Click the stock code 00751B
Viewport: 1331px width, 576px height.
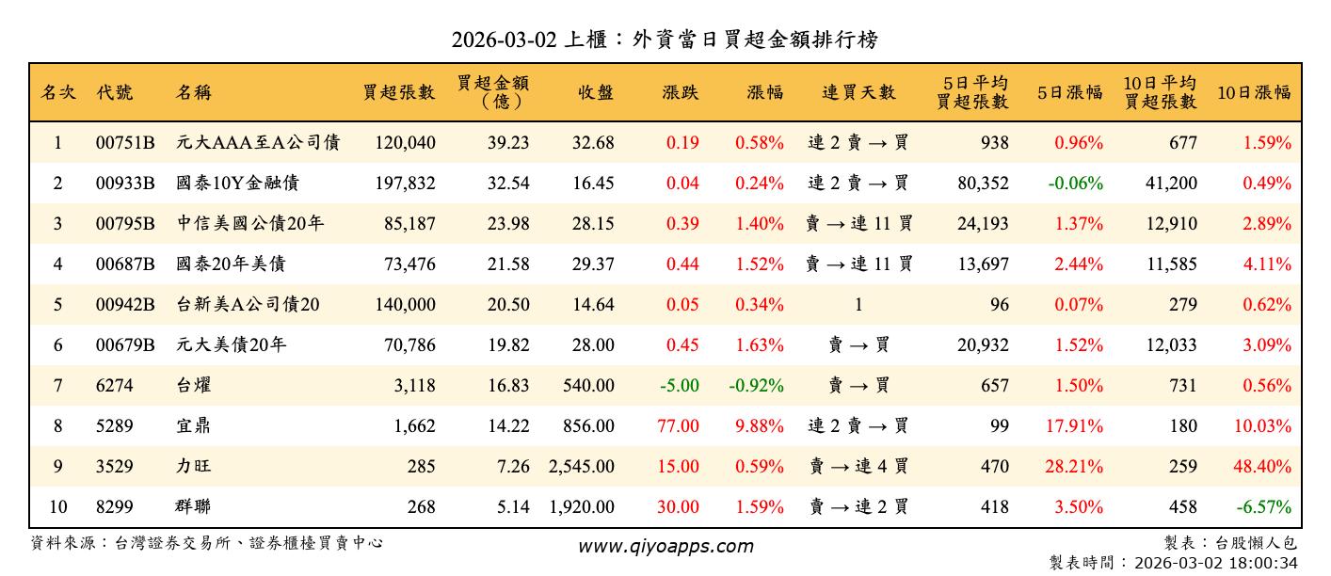pyautogui.click(x=124, y=143)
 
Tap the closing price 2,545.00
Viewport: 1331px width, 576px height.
pyautogui.click(x=582, y=467)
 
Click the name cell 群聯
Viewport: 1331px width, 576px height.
pyautogui.click(x=193, y=507)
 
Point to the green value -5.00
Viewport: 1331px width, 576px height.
pyautogui.click(x=680, y=386)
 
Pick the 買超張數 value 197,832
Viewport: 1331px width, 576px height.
pyautogui.click(x=405, y=184)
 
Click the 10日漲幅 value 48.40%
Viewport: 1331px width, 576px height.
pyautogui.click(x=1261, y=467)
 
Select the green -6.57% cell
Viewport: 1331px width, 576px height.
pyautogui.click(x=1262, y=507)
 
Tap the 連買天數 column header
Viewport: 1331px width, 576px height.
pyautogui.click(x=858, y=92)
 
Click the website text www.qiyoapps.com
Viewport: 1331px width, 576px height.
pyautogui.click(x=665, y=547)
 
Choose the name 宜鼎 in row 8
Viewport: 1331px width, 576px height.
pyautogui.click(x=193, y=426)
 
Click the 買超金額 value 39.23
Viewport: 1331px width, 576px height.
pyautogui.click(x=508, y=143)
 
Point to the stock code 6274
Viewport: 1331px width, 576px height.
pyautogui.click(x=115, y=386)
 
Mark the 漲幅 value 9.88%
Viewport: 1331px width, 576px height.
pyautogui.click(x=760, y=426)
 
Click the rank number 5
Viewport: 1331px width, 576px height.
pyautogui.click(x=57, y=305)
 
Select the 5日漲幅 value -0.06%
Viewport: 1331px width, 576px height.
pyautogui.click(x=1074, y=184)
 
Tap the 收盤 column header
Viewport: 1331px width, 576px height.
pyautogui.click(x=596, y=92)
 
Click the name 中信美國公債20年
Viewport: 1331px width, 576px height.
pyautogui.click(x=250, y=224)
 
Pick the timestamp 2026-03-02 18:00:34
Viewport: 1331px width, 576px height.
pyautogui.click(x=1217, y=564)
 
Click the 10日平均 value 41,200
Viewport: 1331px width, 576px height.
pyautogui.click(x=1171, y=184)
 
